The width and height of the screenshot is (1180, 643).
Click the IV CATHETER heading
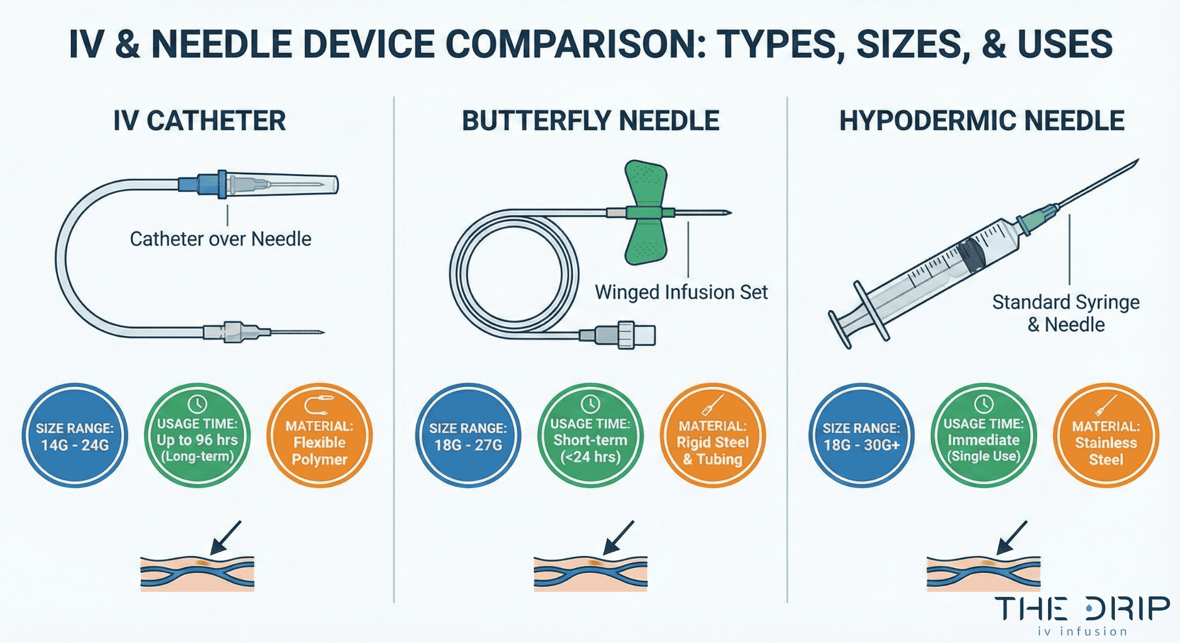pyautogui.click(x=199, y=121)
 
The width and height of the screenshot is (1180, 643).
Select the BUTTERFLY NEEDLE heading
pyautogui.click(x=591, y=121)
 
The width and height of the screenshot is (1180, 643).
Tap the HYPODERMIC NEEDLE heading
pyautogui.click(x=981, y=121)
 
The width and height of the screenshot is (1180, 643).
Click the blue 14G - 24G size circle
pyautogui.click(x=75, y=436)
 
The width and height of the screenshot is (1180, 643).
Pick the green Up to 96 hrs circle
pyautogui.click(x=197, y=436)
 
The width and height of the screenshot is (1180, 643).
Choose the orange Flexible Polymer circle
pyautogui.click(x=319, y=436)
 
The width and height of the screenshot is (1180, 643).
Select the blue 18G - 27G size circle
pyautogui.click(x=468, y=436)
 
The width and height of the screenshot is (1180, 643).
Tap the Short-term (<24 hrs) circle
pyautogui.click(x=590, y=436)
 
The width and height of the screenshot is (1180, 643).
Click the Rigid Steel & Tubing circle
pyautogui.click(x=713, y=436)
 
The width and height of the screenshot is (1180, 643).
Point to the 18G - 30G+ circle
pyautogui.click(x=861, y=436)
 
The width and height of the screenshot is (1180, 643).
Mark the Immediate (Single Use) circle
pyautogui.click(x=984, y=436)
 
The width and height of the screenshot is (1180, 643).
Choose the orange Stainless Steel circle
pyautogui.click(x=1106, y=436)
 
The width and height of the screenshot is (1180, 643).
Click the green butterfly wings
pyautogui.click(x=646, y=212)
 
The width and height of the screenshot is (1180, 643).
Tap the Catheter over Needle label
pyautogui.click(x=220, y=239)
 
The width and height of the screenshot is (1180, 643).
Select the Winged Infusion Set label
pyautogui.click(x=681, y=292)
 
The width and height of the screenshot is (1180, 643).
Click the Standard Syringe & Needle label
pyautogui.click(x=1065, y=313)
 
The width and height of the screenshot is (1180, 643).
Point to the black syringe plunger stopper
pyautogui.click(x=971, y=255)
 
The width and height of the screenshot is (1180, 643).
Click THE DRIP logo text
pyautogui.click(x=1081, y=609)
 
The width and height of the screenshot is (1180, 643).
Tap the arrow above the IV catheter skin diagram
pyautogui.click(x=226, y=537)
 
